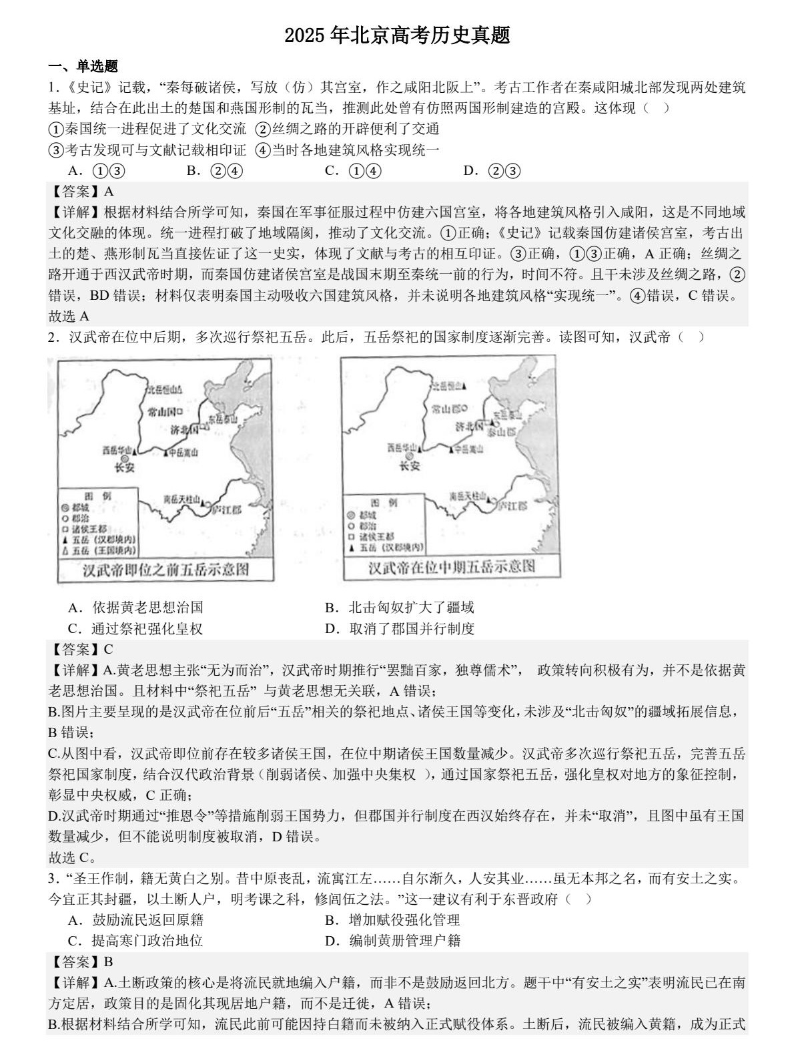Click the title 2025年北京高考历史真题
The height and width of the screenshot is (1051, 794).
397,35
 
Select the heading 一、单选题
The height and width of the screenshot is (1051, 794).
83,66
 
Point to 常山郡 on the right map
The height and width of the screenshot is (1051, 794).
446,409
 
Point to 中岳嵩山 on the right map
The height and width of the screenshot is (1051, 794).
467,449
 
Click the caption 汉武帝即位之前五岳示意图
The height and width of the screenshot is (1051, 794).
165,570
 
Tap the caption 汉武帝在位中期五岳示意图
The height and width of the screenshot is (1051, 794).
452,567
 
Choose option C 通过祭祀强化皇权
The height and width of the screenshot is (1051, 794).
136,628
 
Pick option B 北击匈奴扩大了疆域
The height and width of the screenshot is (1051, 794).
400,607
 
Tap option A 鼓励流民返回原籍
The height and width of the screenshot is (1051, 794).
136,919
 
